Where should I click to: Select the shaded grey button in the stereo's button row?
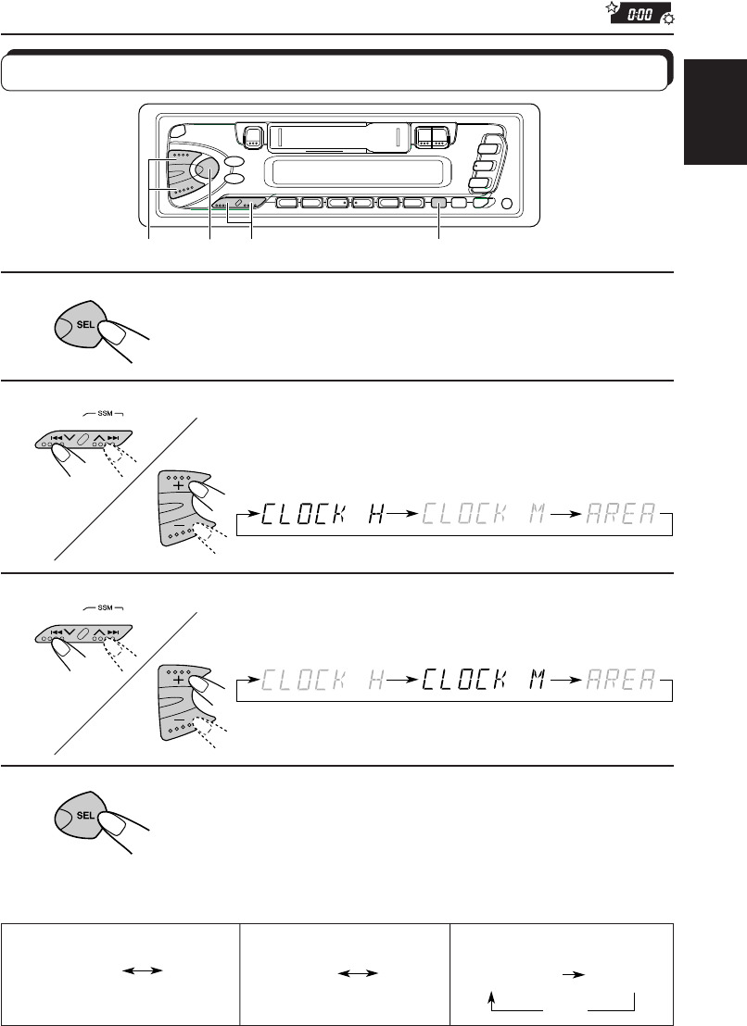point(438,202)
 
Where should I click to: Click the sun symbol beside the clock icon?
point(669,19)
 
